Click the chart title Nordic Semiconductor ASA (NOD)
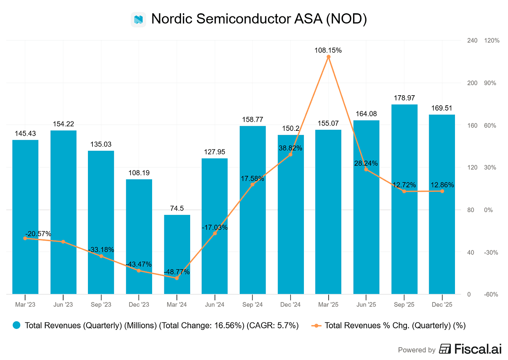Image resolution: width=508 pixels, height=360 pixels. [x=259, y=19]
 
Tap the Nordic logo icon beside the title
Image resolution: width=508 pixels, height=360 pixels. [x=139, y=20]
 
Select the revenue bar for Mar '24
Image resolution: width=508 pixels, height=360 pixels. [x=177, y=254]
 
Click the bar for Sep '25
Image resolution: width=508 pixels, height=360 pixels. [x=404, y=199]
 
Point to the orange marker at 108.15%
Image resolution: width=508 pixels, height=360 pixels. [x=328, y=57]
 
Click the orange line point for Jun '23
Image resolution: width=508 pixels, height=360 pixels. [x=63, y=242]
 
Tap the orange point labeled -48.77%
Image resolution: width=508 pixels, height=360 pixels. [x=177, y=278]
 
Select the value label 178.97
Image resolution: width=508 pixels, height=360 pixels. [x=404, y=98]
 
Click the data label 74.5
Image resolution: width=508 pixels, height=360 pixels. [x=177, y=208]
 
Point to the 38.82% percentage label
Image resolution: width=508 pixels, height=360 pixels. [x=290, y=148]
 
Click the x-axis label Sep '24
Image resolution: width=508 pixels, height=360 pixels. [x=253, y=305]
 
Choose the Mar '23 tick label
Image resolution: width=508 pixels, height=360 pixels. [x=25, y=305]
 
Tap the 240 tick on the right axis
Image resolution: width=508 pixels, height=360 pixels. [x=472, y=40]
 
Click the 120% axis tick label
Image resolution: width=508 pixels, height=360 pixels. [x=492, y=40]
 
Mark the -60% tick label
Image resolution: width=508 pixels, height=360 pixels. [x=491, y=294]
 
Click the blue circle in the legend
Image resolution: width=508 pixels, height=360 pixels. [x=16, y=325]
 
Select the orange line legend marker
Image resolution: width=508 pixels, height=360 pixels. [x=316, y=325]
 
